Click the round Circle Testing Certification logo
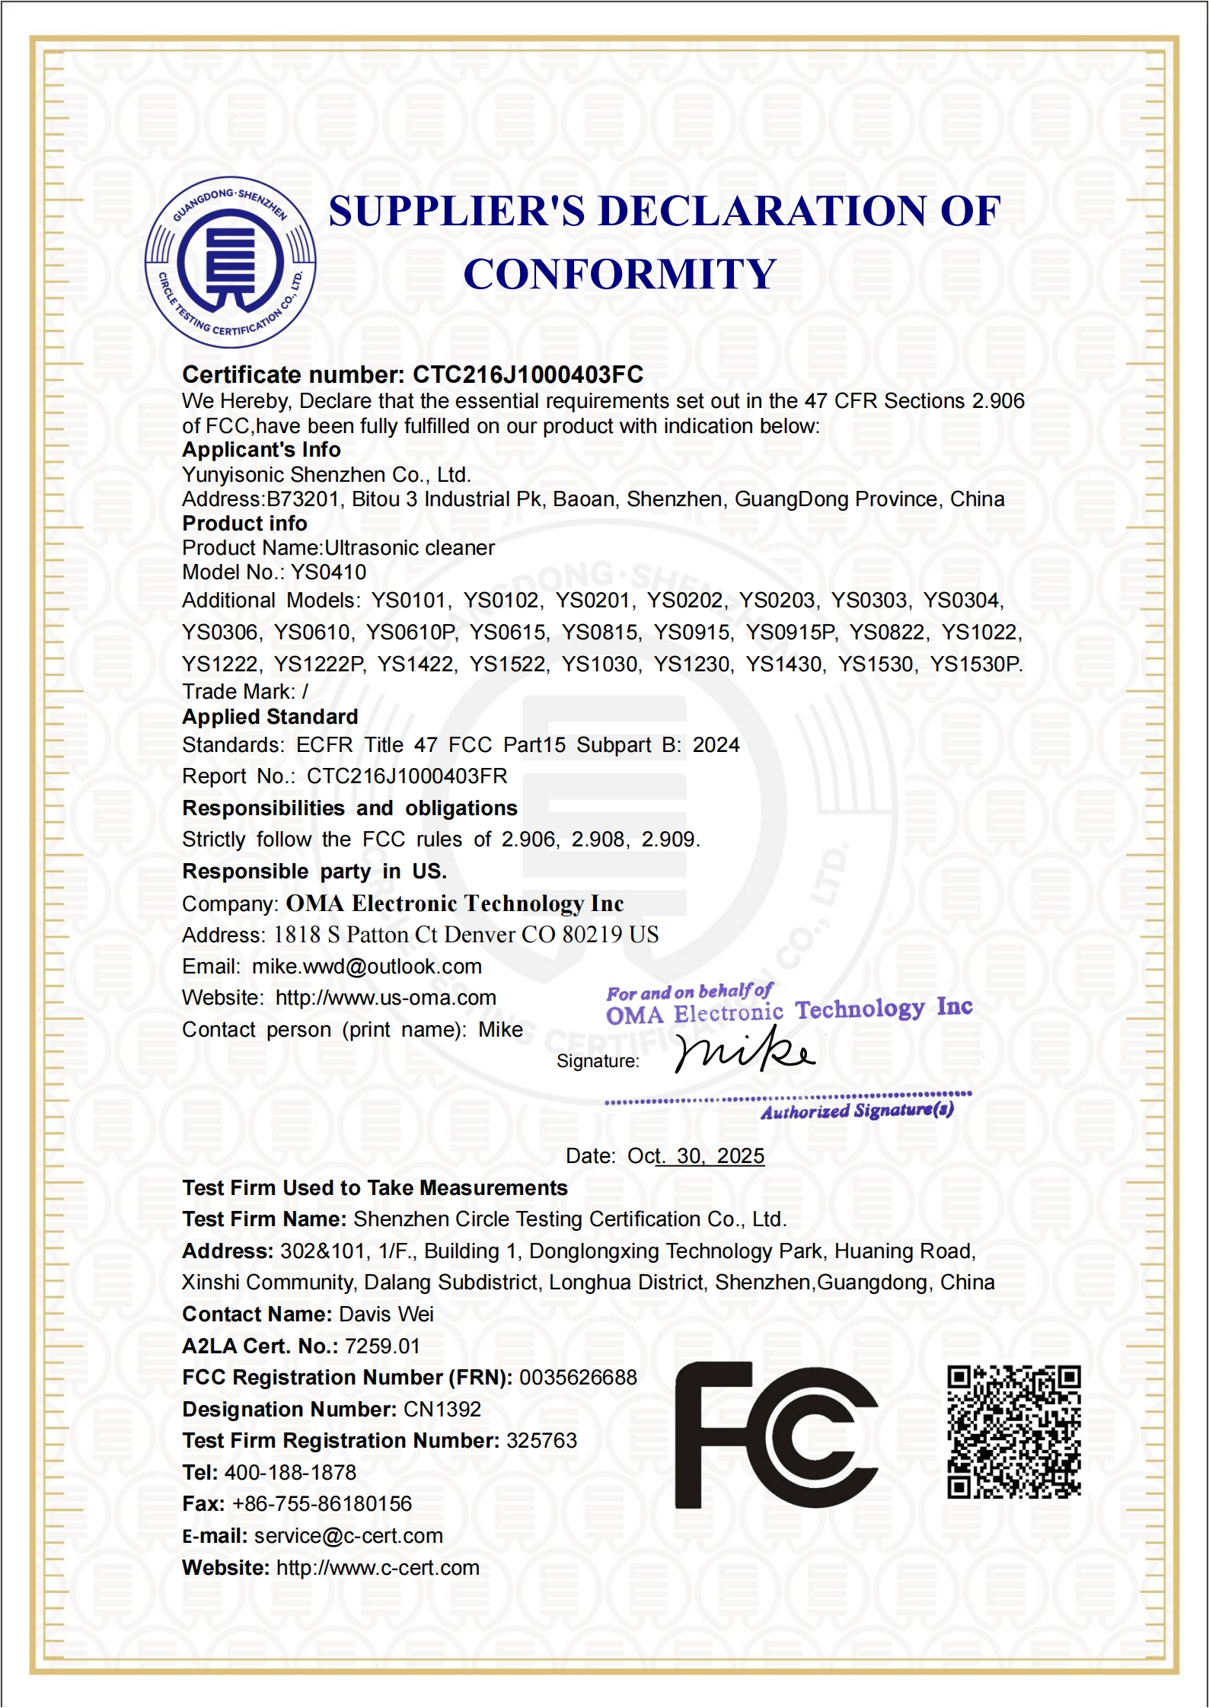click(230, 263)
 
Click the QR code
click(1013, 1432)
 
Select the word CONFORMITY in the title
click(620, 274)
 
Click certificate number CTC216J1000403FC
click(528, 374)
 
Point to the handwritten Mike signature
click(744, 1050)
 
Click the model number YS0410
click(329, 572)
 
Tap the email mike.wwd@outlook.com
click(367, 967)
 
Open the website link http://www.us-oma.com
click(385, 998)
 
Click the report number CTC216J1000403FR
click(407, 776)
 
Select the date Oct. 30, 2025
click(695, 1156)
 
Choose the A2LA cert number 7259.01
click(382, 1346)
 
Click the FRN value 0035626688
click(578, 1378)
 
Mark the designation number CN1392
click(442, 1409)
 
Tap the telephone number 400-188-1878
click(290, 1472)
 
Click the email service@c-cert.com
click(348, 1536)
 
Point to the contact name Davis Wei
click(386, 1314)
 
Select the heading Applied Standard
click(270, 717)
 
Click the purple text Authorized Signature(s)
click(857, 1111)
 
